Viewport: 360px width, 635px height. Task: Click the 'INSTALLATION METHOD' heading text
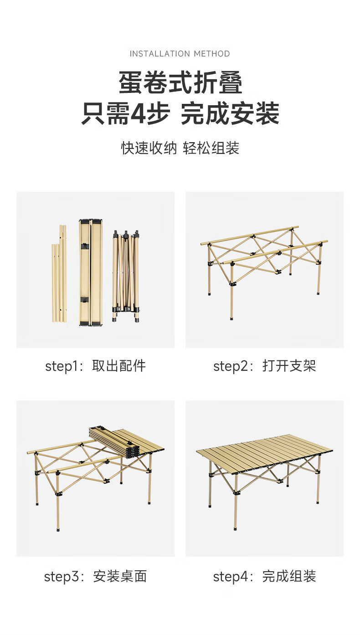pyautogui.click(x=180, y=54)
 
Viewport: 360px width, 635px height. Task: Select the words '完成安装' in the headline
pyautogui.click(x=230, y=113)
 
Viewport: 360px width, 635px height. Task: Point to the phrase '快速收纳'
pyautogui.click(x=149, y=148)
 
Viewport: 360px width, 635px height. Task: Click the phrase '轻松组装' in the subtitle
pyautogui.click(x=211, y=148)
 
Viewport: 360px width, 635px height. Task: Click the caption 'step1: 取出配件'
pyautogui.click(x=95, y=366)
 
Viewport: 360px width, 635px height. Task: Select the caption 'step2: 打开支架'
pyautogui.click(x=264, y=366)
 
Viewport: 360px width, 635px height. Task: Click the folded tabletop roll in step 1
pyautogui.click(x=91, y=272)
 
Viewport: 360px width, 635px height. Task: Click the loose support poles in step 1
pyautogui.click(x=59, y=274)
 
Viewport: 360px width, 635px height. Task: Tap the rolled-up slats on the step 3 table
pyautogui.click(x=115, y=442)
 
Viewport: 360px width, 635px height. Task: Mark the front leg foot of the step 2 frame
pyautogui.click(x=232, y=318)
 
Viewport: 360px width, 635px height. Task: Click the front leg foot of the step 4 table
pyautogui.click(x=235, y=528)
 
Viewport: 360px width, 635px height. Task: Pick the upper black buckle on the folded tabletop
pyautogui.click(x=85, y=246)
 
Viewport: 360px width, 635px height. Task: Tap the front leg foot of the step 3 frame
pyautogui.click(x=58, y=529)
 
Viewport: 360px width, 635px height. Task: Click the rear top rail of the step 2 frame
pyautogui.click(x=250, y=235)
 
